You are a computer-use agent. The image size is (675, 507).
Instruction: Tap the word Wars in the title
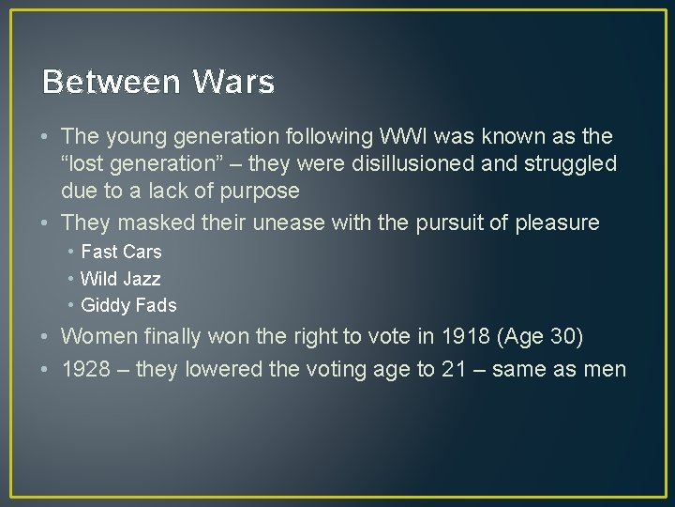(233, 83)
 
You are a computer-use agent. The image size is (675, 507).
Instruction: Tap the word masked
(151, 223)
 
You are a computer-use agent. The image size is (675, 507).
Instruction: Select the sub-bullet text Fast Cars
(121, 252)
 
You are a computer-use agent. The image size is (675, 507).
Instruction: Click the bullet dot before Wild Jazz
(71, 279)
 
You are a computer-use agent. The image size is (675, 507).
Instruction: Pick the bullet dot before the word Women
(46, 336)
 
